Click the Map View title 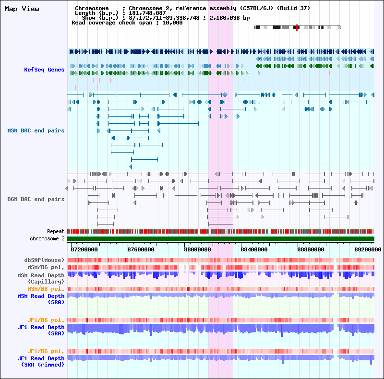tap(22, 9)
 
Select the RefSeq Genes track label tap(44, 70)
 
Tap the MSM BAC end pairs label tap(36, 130)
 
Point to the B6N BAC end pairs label tap(36, 199)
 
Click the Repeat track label tap(56, 231)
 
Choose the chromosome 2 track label tap(47, 238)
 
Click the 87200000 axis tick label tap(84, 249)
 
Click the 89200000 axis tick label tap(368, 249)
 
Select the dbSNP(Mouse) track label tap(44, 260)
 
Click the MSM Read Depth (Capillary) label tap(41, 278)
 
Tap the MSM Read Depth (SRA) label tap(41, 299)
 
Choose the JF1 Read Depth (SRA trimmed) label tap(41, 361)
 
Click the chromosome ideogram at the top tap(298, 28)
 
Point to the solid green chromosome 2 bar tap(221, 238)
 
